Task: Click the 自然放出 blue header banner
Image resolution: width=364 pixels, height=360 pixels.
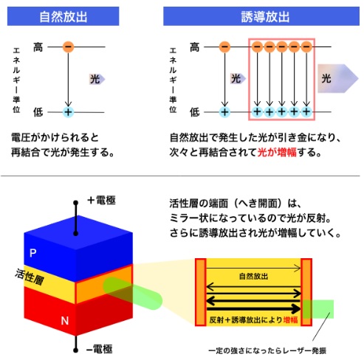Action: [63, 16]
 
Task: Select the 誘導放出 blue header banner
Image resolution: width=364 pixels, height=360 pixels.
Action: [261, 16]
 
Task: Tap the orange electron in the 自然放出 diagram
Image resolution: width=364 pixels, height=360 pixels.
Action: [68, 46]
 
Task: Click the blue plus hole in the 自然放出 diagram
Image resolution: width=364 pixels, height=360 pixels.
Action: [68, 112]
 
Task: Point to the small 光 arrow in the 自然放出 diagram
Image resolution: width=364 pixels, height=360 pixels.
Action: [97, 79]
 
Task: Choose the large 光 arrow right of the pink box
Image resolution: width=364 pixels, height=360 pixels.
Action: [337, 78]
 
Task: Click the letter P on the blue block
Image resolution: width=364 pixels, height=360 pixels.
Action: [33, 253]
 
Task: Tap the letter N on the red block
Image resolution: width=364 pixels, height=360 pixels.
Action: [65, 321]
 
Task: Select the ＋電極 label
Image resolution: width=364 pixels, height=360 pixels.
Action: [101, 201]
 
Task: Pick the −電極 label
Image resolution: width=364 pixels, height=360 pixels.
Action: [100, 349]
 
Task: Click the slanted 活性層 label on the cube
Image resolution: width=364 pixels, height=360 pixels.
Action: [30, 277]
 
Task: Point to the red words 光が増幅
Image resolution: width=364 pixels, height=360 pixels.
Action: [277, 153]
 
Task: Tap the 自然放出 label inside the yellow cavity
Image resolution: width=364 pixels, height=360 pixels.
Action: [253, 277]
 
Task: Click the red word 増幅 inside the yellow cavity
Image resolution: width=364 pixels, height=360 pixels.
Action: [290, 319]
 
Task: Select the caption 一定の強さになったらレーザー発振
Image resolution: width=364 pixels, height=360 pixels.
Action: [267, 350]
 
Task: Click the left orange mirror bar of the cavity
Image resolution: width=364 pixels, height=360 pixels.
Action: [200, 292]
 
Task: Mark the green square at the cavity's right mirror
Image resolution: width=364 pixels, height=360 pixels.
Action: [318, 309]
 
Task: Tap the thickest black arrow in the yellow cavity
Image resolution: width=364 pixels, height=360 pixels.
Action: [254, 308]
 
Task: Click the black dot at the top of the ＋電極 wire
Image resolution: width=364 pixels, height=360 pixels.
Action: [76, 203]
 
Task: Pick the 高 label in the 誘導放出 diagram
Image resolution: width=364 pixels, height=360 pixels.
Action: [194, 47]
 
